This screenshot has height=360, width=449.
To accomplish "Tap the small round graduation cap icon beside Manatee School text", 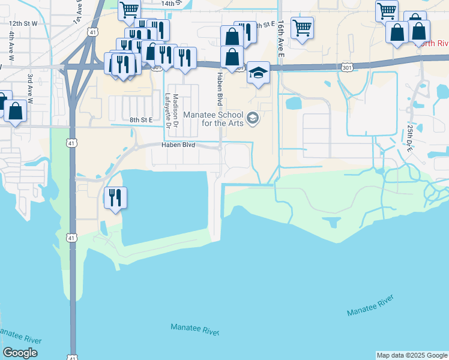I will tap(253, 118).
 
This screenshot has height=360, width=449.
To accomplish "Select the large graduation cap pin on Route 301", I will tap(258, 74).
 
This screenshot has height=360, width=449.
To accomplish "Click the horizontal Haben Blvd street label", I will tap(178, 145).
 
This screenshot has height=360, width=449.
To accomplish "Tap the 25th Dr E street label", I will tap(410, 139).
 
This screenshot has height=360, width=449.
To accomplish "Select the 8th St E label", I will tap(142, 120).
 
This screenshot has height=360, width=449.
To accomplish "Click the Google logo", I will tap(20, 353).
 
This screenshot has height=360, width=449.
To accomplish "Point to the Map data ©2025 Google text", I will tap(412, 355).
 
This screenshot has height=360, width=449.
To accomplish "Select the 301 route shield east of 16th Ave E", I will tap(348, 67).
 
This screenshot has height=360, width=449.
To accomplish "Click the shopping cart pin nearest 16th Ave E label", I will tap(301, 27).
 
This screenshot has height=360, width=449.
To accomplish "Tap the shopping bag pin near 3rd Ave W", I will tap(16, 111).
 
